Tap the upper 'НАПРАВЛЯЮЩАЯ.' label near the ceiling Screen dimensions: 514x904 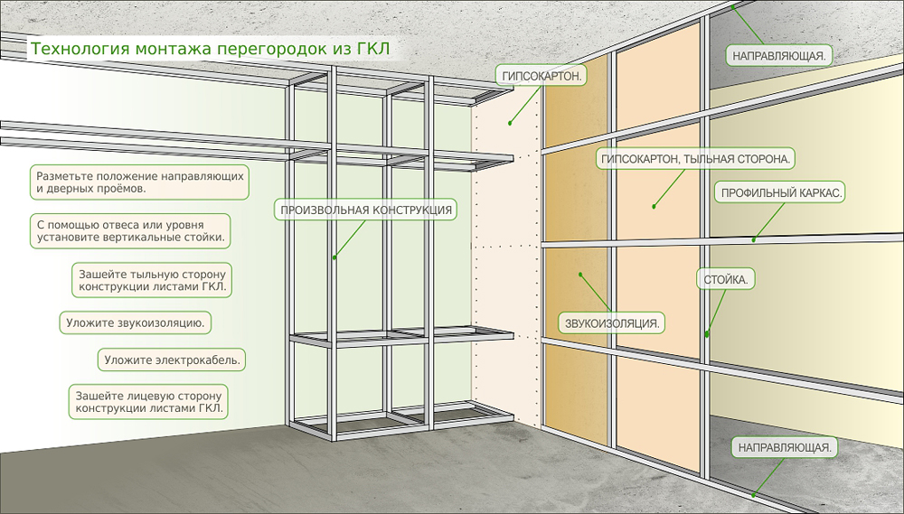780,55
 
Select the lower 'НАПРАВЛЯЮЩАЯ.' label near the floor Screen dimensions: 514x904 783,447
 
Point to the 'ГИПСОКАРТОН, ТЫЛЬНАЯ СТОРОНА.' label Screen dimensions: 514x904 695,159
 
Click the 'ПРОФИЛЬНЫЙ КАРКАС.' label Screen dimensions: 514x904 781,193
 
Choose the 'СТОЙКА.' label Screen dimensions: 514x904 726,280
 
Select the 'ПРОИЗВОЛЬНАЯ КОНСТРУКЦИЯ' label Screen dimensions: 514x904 366,210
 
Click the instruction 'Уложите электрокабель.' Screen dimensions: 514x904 172,360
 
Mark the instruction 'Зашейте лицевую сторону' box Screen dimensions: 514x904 148,402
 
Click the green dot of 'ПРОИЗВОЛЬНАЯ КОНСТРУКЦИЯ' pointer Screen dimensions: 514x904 334,257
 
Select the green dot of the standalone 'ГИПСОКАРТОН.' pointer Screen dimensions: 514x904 509,121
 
